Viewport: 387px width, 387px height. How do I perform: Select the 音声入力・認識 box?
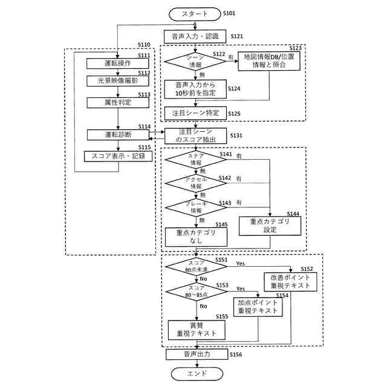pos(194,36)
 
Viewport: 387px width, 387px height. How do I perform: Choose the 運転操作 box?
pos(117,63)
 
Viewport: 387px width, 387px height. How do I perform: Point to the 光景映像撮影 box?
pos(117,80)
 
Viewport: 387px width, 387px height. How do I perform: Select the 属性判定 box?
pos(117,102)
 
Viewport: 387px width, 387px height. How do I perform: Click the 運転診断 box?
pos(117,134)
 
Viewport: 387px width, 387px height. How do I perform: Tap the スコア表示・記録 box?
pos(117,156)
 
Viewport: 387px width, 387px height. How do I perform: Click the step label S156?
pos(236,355)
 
